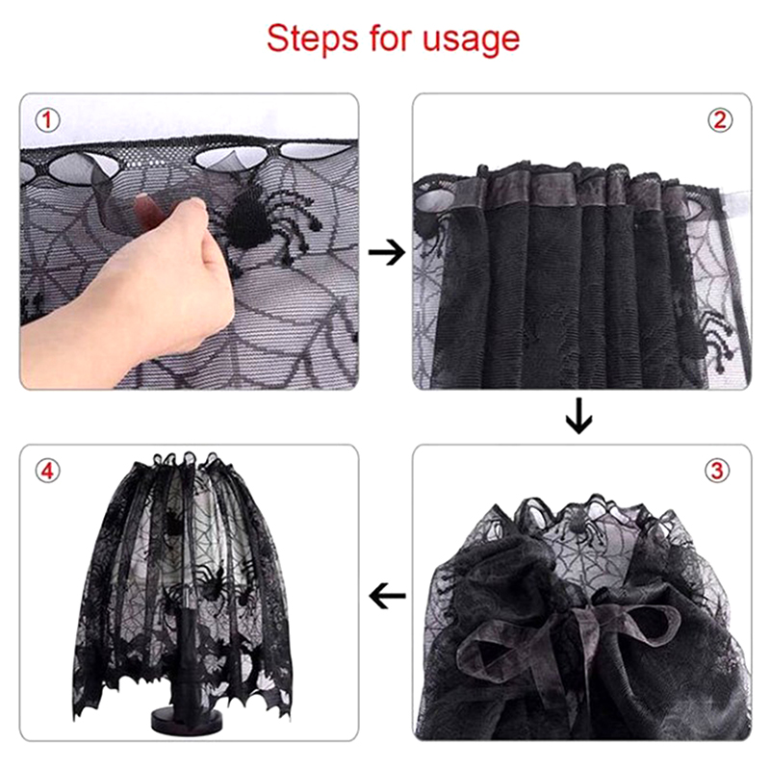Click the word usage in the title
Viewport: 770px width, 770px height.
coord(471,40)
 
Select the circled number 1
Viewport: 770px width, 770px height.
coord(47,120)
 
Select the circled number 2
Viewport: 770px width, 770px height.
coord(719,120)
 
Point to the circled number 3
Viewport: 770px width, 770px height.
coord(717,471)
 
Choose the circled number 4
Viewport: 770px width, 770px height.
coord(47,471)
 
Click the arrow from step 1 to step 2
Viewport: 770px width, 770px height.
coord(387,253)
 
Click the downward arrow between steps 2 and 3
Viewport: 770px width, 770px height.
coord(579,416)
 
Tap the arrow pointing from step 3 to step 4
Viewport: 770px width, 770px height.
coord(387,596)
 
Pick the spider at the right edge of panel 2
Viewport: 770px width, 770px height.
coord(717,336)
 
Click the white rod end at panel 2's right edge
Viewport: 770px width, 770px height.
coord(735,201)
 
